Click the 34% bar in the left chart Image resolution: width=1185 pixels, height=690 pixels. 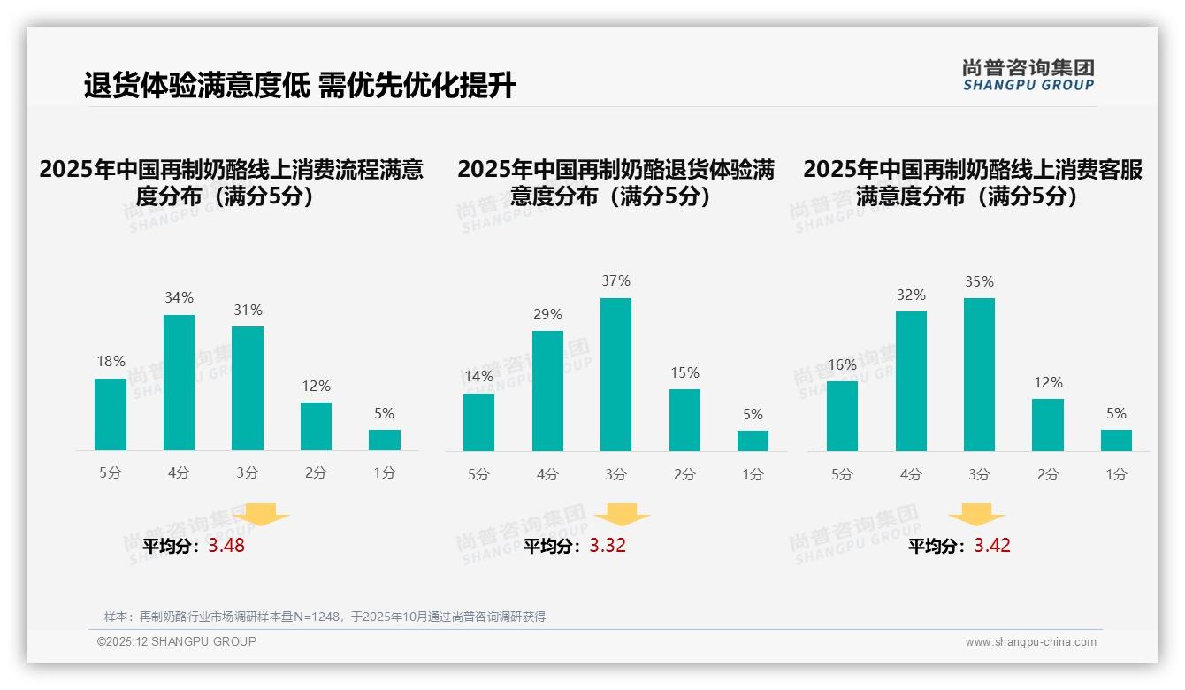pyautogui.click(x=179, y=382)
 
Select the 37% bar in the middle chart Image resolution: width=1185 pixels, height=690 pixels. pyautogui.click(x=615, y=374)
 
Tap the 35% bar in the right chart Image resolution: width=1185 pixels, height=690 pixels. pyautogui.click(x=979, y=374)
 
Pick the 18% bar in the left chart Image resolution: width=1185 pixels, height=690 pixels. pyautogui.click(x=111, y=414)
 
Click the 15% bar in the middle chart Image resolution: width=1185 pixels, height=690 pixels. pyautogui.click(x=684, y=420)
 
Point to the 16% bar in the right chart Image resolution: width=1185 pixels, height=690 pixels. pyautogui.click(x=842, y=416)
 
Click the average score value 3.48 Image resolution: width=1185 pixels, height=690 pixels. pyautogui.click(x=226, y=546)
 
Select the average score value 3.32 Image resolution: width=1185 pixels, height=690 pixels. pyautogui.click(x=608, y=546)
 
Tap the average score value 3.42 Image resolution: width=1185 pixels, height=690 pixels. pyautogui.click(x=992, y=546)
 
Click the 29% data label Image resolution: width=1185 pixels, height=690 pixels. pyautogui.click(x=547, y=315)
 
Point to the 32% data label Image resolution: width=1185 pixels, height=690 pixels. pyautogui.click(x=911, y=295)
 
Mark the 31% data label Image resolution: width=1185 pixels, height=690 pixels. pyautogui.click(x=248, y=310)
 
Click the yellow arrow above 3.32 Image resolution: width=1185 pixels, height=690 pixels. pyautogui.click(x=623, y=515)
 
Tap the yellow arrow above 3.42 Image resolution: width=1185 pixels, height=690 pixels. pyautogui.click(x=976, y=515)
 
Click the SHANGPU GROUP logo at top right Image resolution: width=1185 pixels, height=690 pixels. pyautogui.click(x=1028, y=75)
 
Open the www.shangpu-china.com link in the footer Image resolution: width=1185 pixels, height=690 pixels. pyautogui.click(x=1030, y=642)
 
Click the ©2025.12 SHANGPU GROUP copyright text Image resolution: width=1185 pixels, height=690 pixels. pyautogui.click(x=177, y=641)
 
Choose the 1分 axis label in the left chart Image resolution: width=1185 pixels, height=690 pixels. pyautogui.click(x=385, y=473)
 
